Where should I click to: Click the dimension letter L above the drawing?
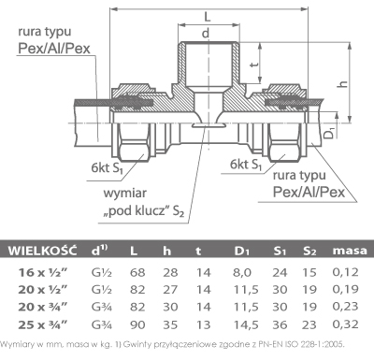[x=208, y=16]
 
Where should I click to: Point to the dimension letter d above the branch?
[x=206, y=33]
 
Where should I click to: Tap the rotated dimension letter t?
[x=254, y=65]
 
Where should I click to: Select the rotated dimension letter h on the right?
[x=343, y=83]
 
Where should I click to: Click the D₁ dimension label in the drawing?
[x=330, y=133]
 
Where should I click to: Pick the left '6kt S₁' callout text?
[x=108, y=168]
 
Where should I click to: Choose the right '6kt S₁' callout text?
[x=246, y=165]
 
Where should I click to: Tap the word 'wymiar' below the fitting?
[x=125, y=194]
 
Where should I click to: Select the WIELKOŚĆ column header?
[x=42, y=251]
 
